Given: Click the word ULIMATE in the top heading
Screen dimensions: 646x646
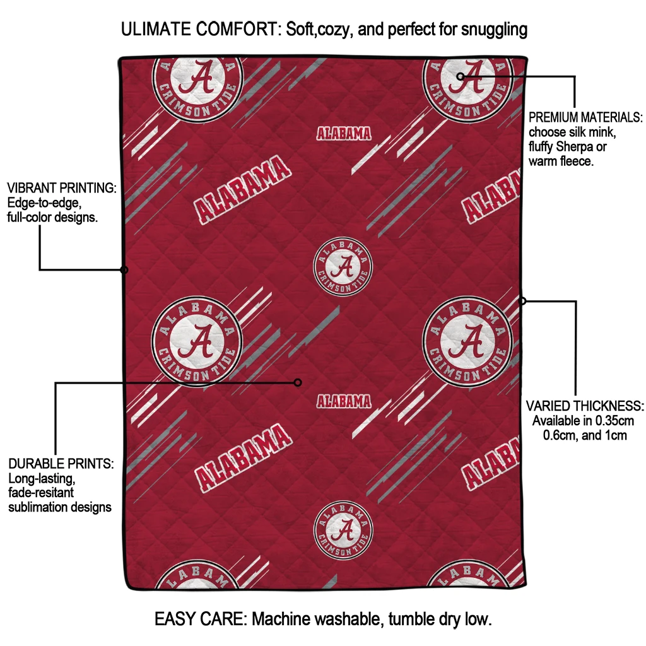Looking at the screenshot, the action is (x=156, y=29).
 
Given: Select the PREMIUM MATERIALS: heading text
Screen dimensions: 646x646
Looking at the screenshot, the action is (x=585, y=117).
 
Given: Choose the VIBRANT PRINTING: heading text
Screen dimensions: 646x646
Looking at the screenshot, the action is (x=62, y=188).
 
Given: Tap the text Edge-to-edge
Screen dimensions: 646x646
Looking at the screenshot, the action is (x=43, y=203).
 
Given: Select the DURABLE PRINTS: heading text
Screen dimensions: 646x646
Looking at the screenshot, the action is (x=61, y=464).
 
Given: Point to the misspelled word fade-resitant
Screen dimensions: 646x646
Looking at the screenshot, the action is (x=41, y=493).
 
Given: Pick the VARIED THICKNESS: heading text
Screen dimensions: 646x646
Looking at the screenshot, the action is (x=585, y=406).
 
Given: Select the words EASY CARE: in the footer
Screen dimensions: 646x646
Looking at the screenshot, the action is (x=201, y=619).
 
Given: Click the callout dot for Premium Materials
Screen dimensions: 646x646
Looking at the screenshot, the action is (x=460, y=76).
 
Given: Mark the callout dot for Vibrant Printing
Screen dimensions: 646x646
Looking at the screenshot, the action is (x=124, y=270).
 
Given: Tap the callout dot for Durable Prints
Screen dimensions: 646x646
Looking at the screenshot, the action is (x=298, y=383).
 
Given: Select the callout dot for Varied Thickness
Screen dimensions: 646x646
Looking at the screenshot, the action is (x=522, y=301).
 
